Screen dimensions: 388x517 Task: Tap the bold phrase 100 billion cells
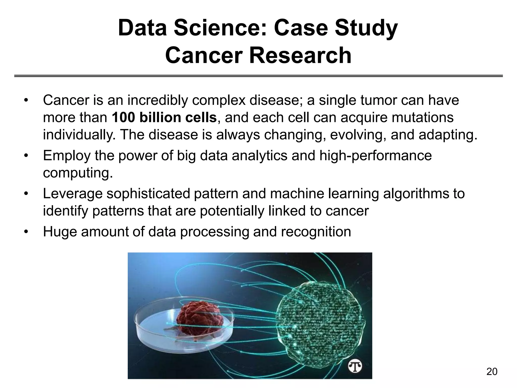click(x=164, y=117)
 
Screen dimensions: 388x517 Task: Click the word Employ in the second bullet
click(x=66, y=156)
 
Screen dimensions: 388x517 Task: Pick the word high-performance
click(x=375, y=156)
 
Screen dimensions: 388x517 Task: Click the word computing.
click(x=77, y=173)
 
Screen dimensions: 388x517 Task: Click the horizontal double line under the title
click(x=258, y=76)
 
